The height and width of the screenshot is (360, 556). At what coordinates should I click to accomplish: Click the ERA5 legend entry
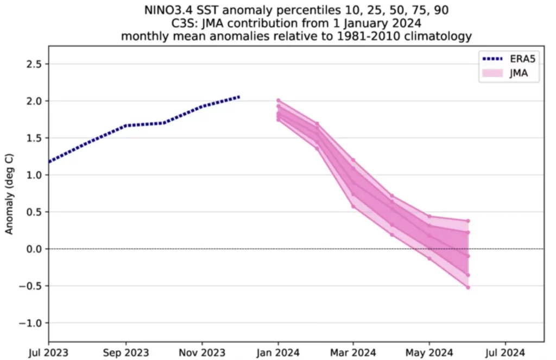pyautogui.click(x=509, y=59)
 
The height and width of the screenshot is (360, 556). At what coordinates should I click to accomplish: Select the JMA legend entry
pyautogui.click(x=506, y=73)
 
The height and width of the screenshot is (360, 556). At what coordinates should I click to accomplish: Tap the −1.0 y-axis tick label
pyautogui.click(x=30, y=323)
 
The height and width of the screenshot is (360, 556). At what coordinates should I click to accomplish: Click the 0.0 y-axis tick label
pyautogui.click(x=34, y=249)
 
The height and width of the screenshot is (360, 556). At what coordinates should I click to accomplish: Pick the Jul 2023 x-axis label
pyautogui.click(x=48, y=353)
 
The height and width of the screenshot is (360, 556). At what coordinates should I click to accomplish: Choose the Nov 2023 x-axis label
pyautogui.click(x=202, y=353)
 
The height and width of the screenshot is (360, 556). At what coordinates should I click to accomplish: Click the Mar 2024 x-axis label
pyautogui.click(x=353, y=353)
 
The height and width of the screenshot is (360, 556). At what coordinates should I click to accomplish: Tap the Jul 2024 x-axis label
pyautogui.click(x=505, y=353)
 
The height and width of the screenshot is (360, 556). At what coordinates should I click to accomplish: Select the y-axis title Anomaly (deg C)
pyautogui.click(x=9, y=194)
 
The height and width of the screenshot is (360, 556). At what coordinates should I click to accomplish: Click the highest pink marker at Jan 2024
pyautogui.click(x=279, y=101)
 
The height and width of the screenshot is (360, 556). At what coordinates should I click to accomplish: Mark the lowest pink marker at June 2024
pyautogui.click(x=468, y=288)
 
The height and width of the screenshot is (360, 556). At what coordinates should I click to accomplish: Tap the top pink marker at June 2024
pyautogui.click(x=468, y=221)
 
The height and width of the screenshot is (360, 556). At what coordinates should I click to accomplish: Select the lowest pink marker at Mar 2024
pyautogui.click(x=353, y=206)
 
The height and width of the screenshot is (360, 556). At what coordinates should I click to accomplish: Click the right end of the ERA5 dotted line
pyautogui.click(x=239, y=97)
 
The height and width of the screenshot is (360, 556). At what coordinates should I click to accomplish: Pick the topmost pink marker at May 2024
pyautogui.click(x=429, y=216)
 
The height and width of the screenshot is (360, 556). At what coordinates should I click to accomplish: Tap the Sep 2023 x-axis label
pyautogui.click(x=126, y=353)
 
